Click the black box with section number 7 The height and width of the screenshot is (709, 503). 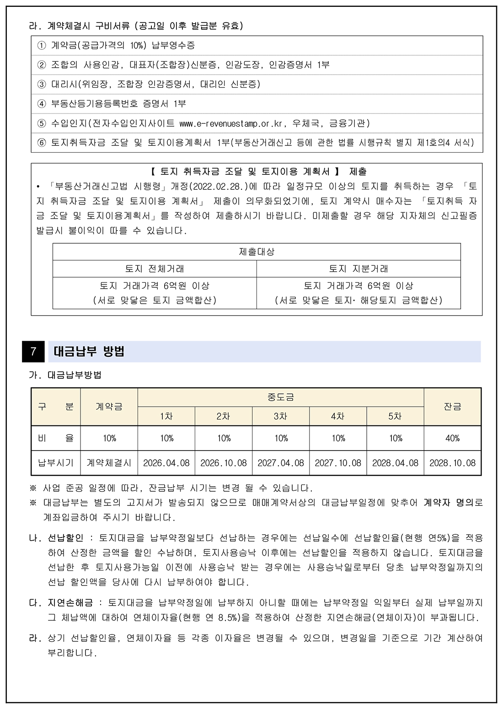pyautogui.click(x=33, y=352)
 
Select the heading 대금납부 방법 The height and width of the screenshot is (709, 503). pyautogui.click(x=89, y=352)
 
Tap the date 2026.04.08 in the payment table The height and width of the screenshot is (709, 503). pyautogui.click(x=166, y=463)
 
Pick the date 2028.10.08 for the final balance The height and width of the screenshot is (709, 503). pyautogui.click(x=452, y=463)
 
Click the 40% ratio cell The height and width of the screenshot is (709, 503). pyautogui.click(x=452, y=438)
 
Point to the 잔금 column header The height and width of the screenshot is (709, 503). pyautogui.click(x=452, y=406)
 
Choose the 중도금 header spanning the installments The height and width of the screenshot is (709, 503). pyautogui.click(x=280, y=397)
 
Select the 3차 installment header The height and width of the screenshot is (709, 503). pyautogui.click(x=280, y=416)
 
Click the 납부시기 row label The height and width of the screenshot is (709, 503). pyautogui.click(x=56, y=463)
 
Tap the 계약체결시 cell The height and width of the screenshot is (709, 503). pyautogui.click(x=109, y=463)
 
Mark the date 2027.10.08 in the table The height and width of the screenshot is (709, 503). pyautogui.click(x=338, y=463)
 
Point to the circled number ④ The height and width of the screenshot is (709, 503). pyautogui.click(x=42, y=104)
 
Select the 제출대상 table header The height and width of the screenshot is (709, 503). pyautogui.click(x=257, y=252)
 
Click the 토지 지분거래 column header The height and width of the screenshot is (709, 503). pyautogui.click(x=359, y=269)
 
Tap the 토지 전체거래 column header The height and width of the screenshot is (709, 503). pyautogui.click(x=155, y=269)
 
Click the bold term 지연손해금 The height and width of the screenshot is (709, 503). pyautogui.click(x=70, y=603)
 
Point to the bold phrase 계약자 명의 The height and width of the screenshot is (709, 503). pyautogui.click(x=449, y=503)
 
